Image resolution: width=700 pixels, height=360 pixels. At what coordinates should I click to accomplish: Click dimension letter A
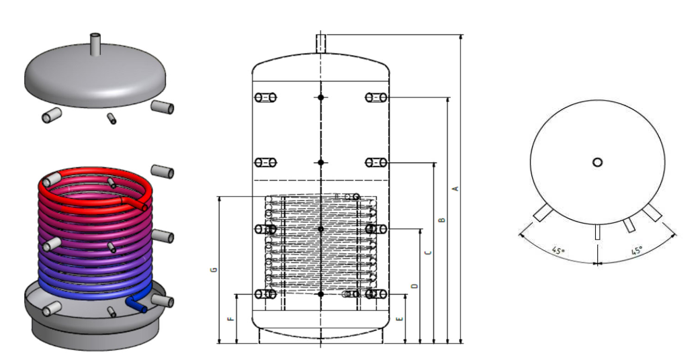click(x=455, y=189)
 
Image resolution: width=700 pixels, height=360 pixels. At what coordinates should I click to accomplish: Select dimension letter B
click(x=442, y=220)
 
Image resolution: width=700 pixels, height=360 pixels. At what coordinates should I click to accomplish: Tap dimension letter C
click(x=429, y=253)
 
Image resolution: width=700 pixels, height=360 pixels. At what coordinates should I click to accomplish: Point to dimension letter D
click(x=414, y=286)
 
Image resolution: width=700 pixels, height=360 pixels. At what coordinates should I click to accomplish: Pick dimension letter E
click(x=400, y=319)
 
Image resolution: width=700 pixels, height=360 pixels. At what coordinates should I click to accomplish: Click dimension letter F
click(x=230, y=319)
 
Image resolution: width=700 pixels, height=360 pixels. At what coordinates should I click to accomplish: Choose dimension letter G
click(x=214, y=270)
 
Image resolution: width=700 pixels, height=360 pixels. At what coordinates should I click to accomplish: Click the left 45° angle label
click(x=558, y=251)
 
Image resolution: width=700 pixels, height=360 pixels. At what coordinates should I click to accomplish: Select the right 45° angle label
click(x=638, y=251)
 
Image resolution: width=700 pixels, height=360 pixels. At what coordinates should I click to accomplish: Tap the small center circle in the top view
click(x=597, y=163)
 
